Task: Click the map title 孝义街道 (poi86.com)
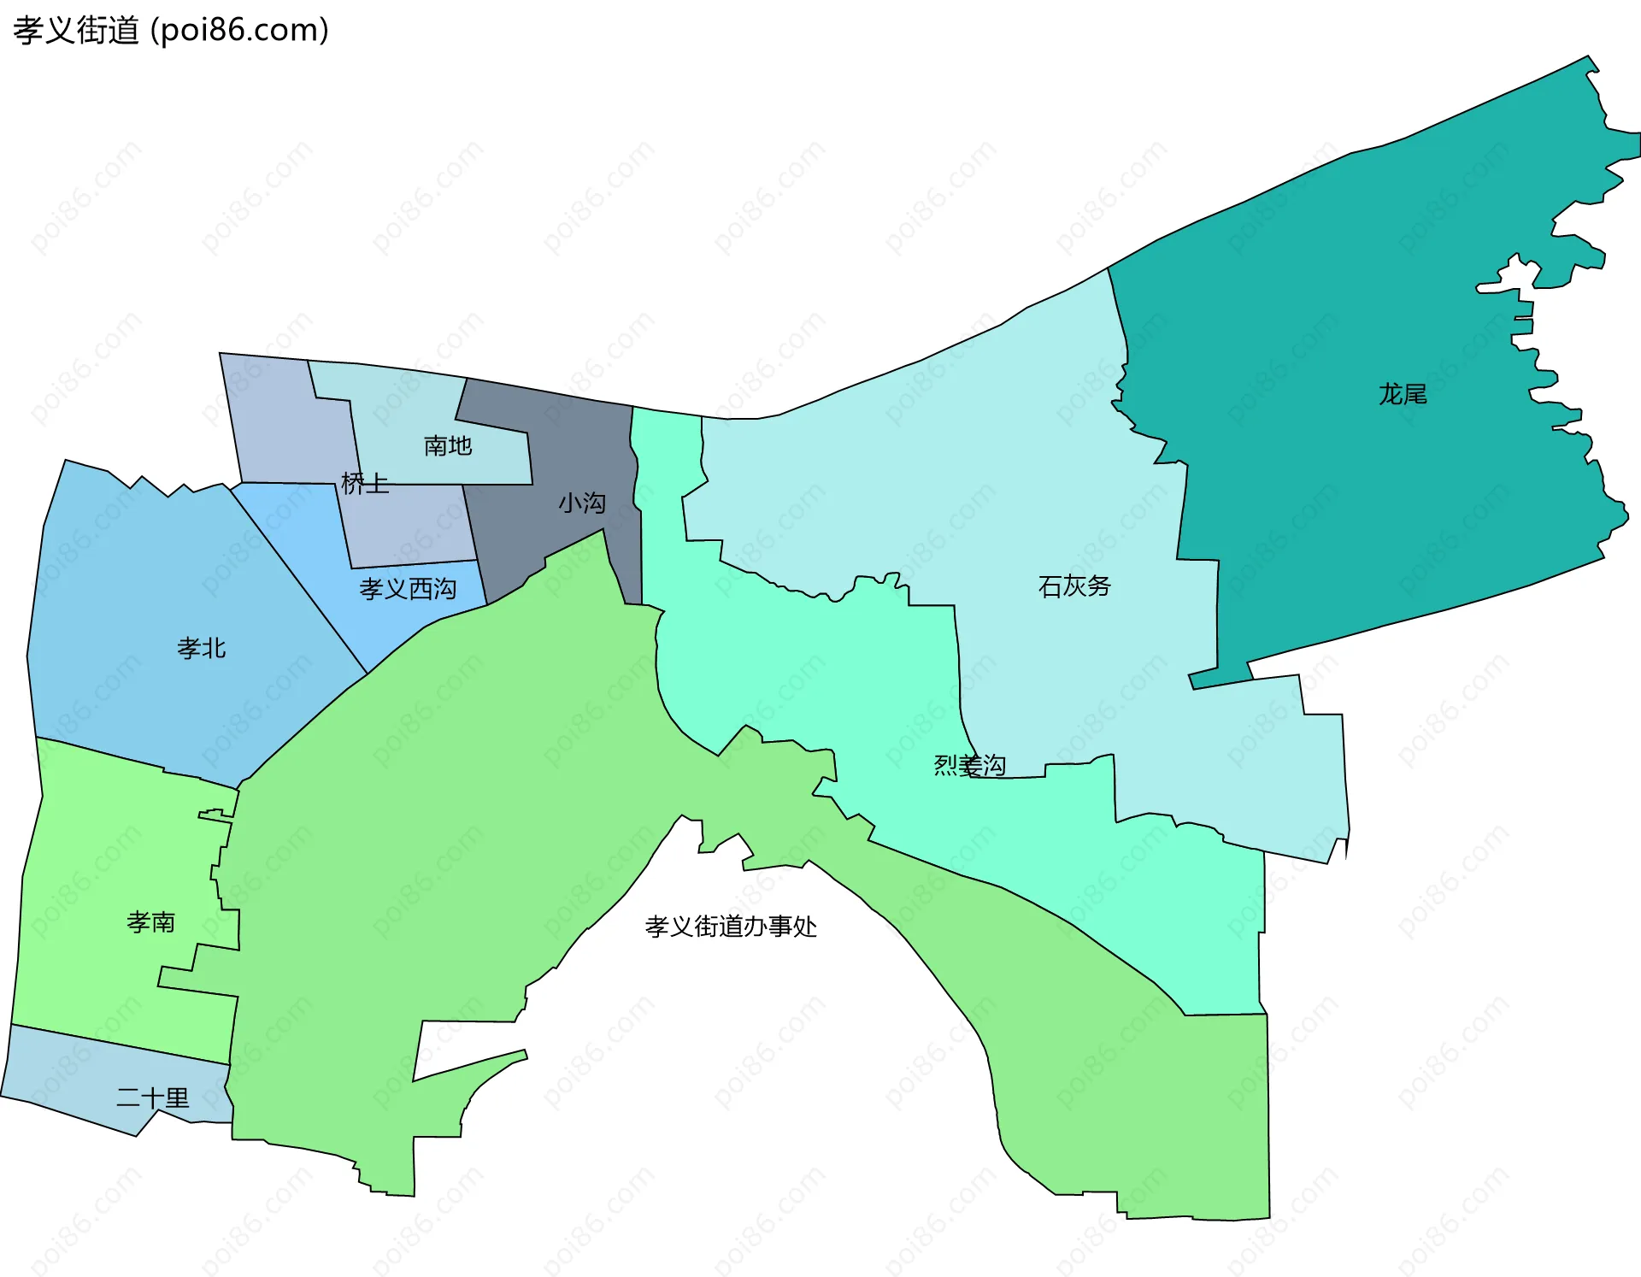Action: [x=171, y=31]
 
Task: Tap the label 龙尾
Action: [x=1403, y=394]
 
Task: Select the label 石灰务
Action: [x=1074, y=586]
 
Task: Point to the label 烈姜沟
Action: [x=969, y=765]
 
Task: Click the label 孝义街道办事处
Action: [x=731, y=927]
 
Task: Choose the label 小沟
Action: [x=582, y=503]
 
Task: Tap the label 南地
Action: [x=448, y=445]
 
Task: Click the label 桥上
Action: [x=365, y=484]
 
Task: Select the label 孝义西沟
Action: [x=408, y=589]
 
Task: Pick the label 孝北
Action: [x=202, y=649]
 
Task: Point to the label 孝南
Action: [x=151, y=922]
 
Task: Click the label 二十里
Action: [x=153, y=1098]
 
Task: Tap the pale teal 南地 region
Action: [x=402, y=402]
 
